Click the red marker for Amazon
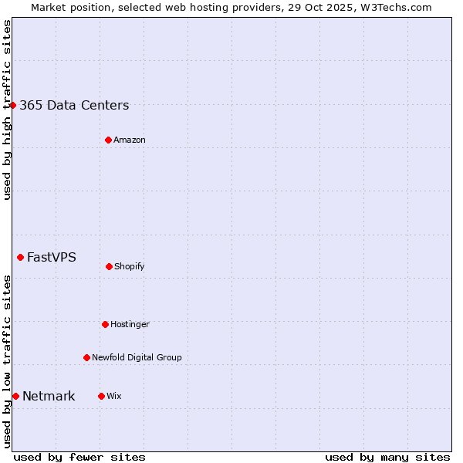[x=108, y=140]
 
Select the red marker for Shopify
[x=109, y=266]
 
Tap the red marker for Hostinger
[x=105, y=324]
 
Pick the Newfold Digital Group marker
[x=86, y=357]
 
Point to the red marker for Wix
[x=101, y=396]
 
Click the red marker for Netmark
[x=15, y=396]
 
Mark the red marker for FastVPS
[x=20, y=257]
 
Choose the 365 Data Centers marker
[x=13, y=105]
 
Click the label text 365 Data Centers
[x=74, y=106]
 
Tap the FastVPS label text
[x=52, y=258]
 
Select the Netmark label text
[x=49, y=397]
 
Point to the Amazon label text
[x=130, y=140]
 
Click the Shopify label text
[x=130, y=267]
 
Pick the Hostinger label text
[x=130, y=325]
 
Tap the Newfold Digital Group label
[x=137, y=358]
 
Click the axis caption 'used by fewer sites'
[x=79, y=457]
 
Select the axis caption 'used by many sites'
[x=387, y=457]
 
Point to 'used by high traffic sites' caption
[x=7, y=110]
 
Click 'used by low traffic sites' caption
[x=7, y=361]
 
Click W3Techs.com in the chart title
[x=394, y=7]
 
